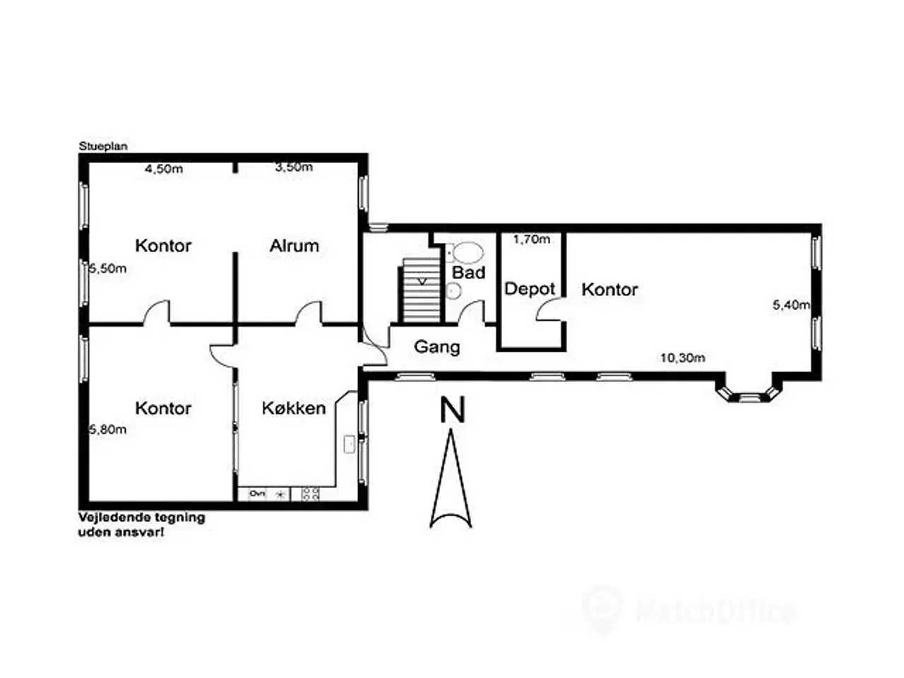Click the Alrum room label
(294, 246)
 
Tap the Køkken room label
(294, 408)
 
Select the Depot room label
(530, 290)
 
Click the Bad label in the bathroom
(469, 273)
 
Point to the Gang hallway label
(437, 347)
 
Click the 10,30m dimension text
(683, 358)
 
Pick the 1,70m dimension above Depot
(531, 239)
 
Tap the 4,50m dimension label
(164, 169)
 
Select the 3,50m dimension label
(294, 167)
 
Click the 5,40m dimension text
(791, 305)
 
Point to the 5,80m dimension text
(108, 429)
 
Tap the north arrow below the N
(451, 478)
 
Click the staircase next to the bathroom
(420, 290)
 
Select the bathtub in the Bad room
(466, 252)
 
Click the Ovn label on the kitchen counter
(258, 493)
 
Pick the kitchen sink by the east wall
(350, 445)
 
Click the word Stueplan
(103, 146)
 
